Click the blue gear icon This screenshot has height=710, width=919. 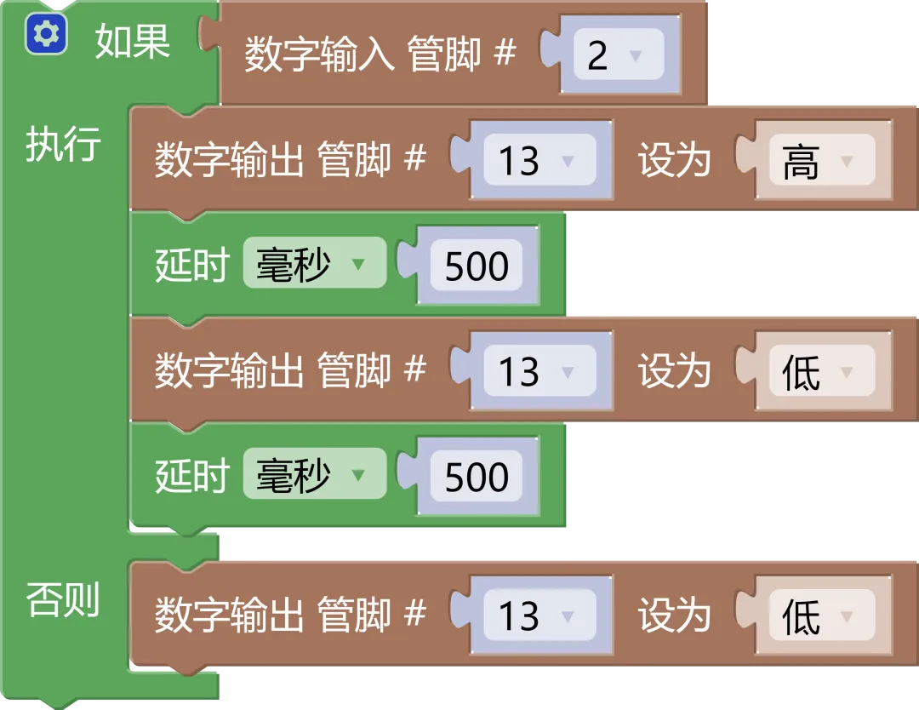coord(45,35)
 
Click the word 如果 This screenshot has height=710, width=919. coord(132,40)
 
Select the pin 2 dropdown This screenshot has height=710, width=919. coord(618,55)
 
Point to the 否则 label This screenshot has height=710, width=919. coord(63,599)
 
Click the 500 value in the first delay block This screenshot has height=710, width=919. coord(477,266)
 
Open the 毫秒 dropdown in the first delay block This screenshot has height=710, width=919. coord(314,265)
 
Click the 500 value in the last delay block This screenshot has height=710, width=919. coord(477,477)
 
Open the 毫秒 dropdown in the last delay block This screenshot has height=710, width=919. coord(314,476)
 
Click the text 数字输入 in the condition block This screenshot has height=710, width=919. coord(319,55)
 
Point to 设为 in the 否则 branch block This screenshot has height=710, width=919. coord(674,616)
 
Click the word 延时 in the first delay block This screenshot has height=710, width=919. coord(191,266)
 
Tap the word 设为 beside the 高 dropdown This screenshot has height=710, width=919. coord(674,160)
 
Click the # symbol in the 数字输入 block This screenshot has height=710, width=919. coord(505,54)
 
